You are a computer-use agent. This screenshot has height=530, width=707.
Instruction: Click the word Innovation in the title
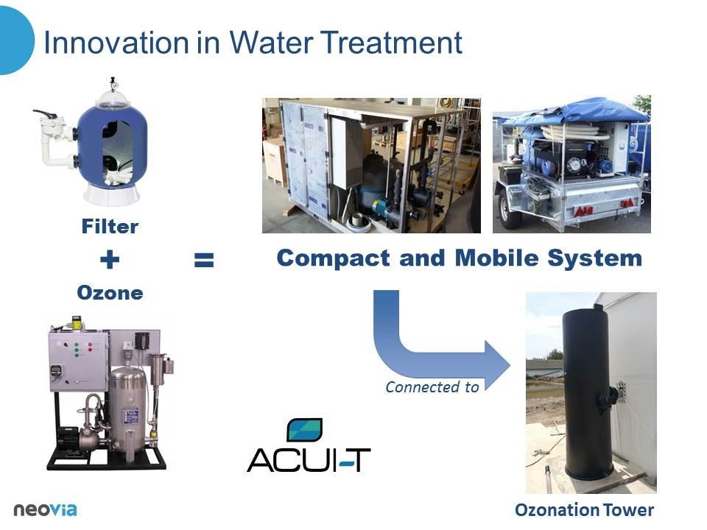click(x=116, y=43)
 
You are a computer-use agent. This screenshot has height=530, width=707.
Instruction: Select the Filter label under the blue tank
click(x=110, y=226)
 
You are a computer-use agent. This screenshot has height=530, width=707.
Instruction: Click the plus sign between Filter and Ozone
click(x=110, y=260)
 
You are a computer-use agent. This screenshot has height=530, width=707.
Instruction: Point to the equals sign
click(x=204, y=260)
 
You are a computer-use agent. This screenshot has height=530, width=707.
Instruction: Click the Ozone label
click(x=110, y=293)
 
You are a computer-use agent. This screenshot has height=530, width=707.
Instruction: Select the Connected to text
click(x=432, y=387)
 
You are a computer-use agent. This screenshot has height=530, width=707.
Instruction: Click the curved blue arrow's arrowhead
click(x=495, y=364)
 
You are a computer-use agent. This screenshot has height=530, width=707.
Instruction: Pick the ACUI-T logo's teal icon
click(x=305, y=430)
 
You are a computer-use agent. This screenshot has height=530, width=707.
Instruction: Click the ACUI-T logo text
click(x=309, y=460)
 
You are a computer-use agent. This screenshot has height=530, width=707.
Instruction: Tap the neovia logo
click(x=45, y=509)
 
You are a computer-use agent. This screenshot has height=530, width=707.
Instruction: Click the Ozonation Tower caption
click(x=584, y=510)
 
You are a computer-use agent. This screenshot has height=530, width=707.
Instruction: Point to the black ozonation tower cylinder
click(x=587, y=392)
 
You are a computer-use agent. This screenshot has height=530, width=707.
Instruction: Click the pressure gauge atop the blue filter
click(x=113, y=84)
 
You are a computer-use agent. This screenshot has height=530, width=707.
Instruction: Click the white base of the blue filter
click(x=112, y=194)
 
